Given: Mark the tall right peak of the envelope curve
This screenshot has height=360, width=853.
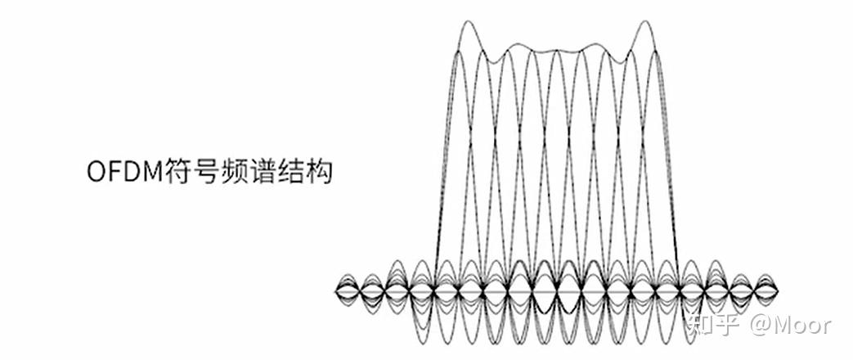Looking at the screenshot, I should point(645,21).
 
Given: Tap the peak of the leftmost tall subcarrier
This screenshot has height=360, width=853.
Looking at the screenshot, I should point(460,50).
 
